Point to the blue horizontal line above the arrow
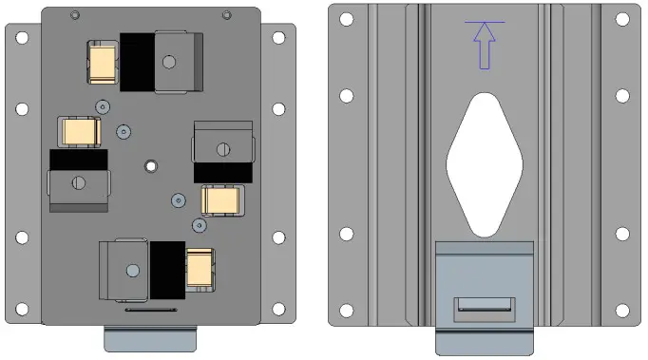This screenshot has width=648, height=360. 485,22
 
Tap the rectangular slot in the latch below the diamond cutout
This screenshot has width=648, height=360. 485,306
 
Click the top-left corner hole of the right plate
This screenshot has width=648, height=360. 347,17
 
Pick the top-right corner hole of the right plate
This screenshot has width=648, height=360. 622,17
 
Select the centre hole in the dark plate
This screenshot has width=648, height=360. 149,166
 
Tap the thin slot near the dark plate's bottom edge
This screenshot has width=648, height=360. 149,309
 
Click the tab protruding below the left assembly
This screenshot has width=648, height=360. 149,338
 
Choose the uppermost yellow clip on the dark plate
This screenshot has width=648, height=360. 102,62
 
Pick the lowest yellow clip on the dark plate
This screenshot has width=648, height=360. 200,267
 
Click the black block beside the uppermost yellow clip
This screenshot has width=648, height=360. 136,62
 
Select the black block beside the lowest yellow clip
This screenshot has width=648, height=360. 166,267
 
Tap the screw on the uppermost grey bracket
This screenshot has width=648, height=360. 169,62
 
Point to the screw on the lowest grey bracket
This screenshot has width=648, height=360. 131,269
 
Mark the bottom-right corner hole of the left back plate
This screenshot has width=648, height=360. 278,309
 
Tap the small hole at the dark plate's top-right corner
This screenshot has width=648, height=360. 225,14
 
